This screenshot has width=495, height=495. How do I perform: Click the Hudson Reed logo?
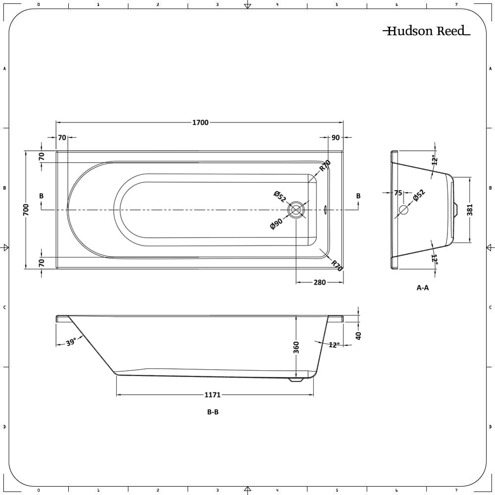(426, 31)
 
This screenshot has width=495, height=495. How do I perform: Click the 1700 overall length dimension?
(200, 123)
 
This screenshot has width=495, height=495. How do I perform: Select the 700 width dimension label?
(26, 209)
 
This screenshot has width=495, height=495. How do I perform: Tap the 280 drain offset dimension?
(320, 283)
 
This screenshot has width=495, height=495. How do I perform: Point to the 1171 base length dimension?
(212, 395)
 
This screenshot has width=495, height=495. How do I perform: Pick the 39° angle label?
(71, 342)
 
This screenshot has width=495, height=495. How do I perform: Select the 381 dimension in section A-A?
(470, 209)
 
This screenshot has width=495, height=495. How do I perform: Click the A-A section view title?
(422, 288)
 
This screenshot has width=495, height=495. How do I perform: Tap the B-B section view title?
(213, 412)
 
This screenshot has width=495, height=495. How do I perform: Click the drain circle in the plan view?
(297, 210)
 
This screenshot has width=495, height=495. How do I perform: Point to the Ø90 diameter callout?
(276, 224)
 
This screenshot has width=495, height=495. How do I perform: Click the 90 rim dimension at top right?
(336, 138)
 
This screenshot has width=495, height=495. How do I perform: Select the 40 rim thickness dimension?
(359, 335)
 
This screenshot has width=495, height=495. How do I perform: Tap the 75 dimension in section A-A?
(398, 193)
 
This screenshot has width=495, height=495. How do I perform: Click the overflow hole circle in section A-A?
(403, 209)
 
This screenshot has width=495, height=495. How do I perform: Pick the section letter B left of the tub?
(41, 196)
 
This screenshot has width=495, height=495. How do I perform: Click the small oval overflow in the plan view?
(325, 210)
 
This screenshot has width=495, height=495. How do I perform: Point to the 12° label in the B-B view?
(334, 345)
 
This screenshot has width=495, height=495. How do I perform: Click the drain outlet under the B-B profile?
(296, 380)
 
